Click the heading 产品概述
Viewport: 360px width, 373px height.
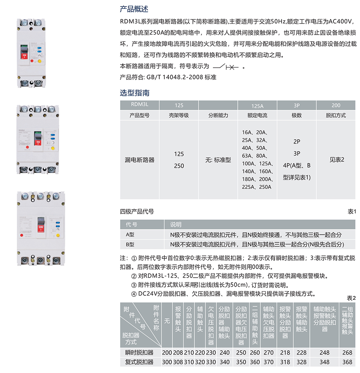tap(134, 9)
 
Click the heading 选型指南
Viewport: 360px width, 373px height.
tap(134, 93)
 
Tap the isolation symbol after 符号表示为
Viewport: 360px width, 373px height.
tap(226, 67)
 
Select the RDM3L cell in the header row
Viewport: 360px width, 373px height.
tap(139, 105)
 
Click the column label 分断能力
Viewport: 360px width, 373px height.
tap(218, 115)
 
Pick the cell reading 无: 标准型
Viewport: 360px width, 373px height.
tap(218, 160)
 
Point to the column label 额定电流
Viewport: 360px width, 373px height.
tap(257, 115)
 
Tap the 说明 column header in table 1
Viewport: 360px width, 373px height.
tap(176, 225)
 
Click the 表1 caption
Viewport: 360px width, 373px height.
tap(352, 212)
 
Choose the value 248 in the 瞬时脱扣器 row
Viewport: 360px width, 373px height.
tap(324, 353)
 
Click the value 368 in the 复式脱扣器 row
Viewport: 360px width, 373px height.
tap(347, 362)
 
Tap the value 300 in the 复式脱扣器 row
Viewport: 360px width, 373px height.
tap(167, 362)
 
